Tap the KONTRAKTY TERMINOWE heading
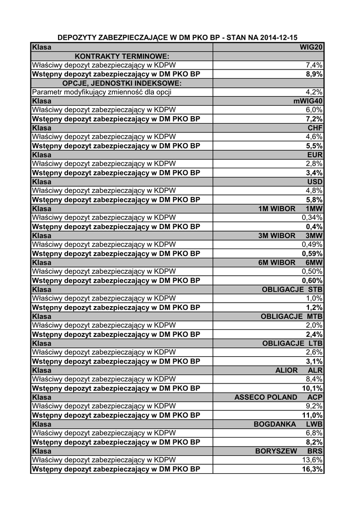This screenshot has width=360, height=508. click(x=122, y=56)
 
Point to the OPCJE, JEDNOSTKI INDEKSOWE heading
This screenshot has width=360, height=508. click(x=122, y=83)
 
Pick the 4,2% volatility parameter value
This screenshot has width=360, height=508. click(x=314, y=92)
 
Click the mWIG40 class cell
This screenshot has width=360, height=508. click(x=308, y=101)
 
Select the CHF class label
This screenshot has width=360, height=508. click(x=315, y=128)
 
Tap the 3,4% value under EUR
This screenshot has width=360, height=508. click(x=314, y=173)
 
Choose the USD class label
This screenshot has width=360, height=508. click(x=315, y=182)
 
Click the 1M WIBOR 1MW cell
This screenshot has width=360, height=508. click(x=290, y=209)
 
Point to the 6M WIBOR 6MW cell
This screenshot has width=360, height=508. click(x=290, y=263)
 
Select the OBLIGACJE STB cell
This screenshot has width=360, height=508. click(x=292, y=290)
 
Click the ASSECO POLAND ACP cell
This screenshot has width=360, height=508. click(x=278, y=397)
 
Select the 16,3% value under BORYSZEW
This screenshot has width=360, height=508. click(x=312, y=469)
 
